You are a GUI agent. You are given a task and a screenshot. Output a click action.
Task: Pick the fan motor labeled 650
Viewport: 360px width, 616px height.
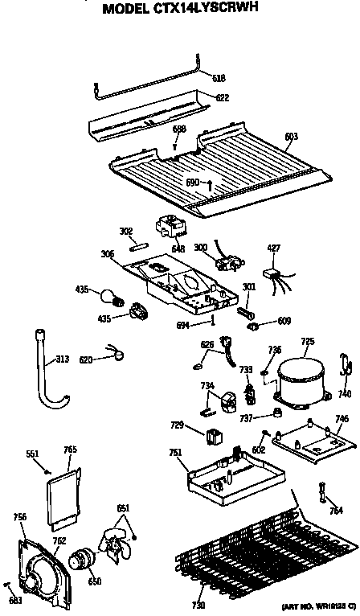tap(81, 560)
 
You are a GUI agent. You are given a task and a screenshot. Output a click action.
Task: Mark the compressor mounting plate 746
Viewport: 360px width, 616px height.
tap(309, 440)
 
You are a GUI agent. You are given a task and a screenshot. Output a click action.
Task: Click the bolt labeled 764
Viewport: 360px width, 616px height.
tap(323, 491)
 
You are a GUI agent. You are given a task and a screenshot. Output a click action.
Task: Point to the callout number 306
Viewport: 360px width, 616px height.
tap(108, 253)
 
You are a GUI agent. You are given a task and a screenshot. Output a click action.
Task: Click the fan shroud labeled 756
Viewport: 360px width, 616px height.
tap(37, 567)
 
